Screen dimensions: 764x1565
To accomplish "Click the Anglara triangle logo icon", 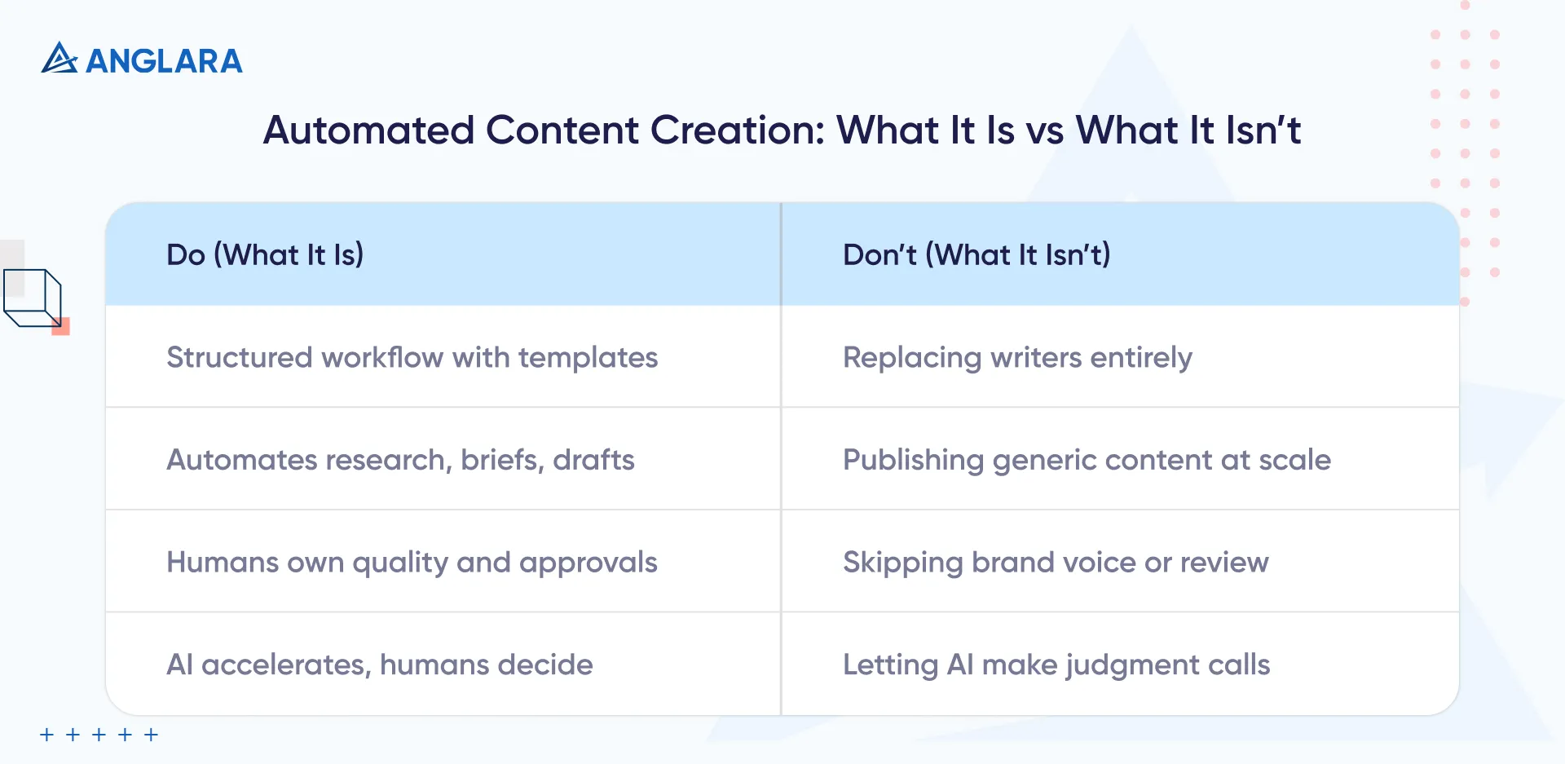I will click(x=59, y=59).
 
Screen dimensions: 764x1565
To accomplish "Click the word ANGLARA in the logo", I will click(x=164, y=61).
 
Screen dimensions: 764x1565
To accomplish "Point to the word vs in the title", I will click(x=1044, y=130).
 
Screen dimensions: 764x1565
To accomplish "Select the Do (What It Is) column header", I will click(x=265, y=254).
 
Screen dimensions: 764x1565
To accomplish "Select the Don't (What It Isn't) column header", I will click(x=976, y=254).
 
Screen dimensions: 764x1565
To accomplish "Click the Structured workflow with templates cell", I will click(x=412, y=357).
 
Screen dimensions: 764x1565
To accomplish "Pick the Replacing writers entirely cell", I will click(x=1017, y=357).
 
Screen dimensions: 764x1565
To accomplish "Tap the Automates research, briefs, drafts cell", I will click(x=400, y=460).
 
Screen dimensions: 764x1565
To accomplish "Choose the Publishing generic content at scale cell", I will click(x=1087, y=460).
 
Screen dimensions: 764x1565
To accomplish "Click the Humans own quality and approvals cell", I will click(x=412, y=563).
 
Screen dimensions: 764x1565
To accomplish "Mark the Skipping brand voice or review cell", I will click(x=1056, y=563).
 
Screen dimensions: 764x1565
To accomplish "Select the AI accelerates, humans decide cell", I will click(x=380, y=665).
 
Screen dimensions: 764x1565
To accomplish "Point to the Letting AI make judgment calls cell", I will click(x=1056, y=665).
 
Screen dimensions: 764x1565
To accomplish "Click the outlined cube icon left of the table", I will click(x=33, y=298).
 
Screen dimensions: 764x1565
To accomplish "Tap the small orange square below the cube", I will click(x=61, y=327).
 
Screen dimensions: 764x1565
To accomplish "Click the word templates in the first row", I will click(x=588, y=357).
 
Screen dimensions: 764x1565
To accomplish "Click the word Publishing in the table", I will click(x=913, y=461).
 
